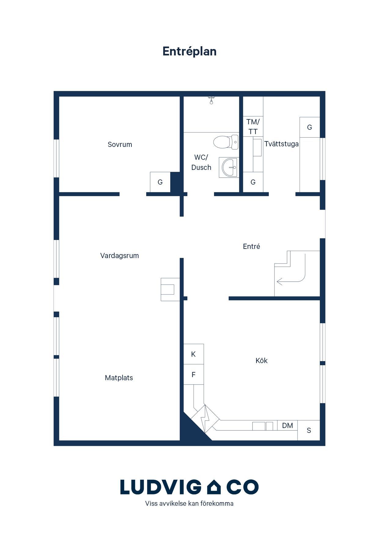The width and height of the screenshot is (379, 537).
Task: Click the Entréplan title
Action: [x=189, y=51]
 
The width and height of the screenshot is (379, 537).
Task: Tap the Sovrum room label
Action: [x=120, y=145]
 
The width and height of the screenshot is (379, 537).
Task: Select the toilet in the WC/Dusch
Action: [x=226, y=142]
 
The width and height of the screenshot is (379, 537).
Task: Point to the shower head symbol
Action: [x=211, y=100]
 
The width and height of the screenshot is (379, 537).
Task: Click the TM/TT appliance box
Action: [x=253, y=126]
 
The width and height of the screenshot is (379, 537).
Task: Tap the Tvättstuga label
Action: [x=281, y=144]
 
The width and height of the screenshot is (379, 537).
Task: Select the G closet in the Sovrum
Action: [x=160, y=182]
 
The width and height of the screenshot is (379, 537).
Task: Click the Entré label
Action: [x=252, y=246]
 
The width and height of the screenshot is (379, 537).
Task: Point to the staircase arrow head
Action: [x=279, y=282]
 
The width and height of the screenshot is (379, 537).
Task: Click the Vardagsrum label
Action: [x=120, y=256]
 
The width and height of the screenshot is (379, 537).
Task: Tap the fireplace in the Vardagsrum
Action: [x=170, y=289]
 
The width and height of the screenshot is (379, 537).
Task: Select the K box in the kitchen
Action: [x=193, y=354]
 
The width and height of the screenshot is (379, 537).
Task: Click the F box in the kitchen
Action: [x=193, y=374]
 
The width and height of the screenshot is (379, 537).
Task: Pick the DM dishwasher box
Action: [x=287, y=425]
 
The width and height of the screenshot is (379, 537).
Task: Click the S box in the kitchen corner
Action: [x=309, y=430]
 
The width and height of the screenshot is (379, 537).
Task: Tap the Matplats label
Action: [x=119, y=378]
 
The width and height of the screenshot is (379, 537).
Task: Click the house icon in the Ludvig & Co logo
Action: [x=214, y=487]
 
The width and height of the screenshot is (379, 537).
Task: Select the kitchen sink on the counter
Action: [x=263, y=426]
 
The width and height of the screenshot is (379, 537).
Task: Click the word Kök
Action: [x=262, y=361]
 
